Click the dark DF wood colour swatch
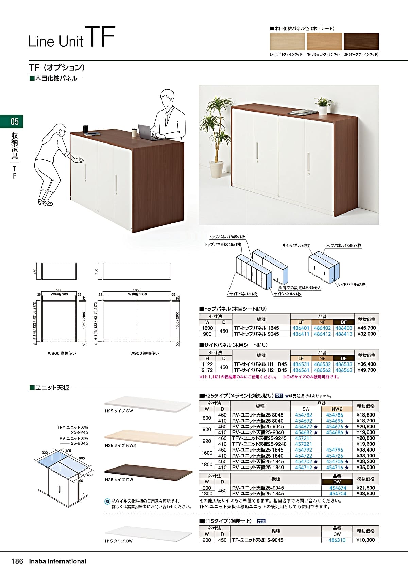pos(361,41)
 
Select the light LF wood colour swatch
pos(287,41)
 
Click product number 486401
pos(301,328)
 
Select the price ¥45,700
pos(367,328)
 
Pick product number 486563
pos(344,370)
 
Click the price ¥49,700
pos(367,370)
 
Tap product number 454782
pos(304,415)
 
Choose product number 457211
pos(304,438)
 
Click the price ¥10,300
pos(366,540)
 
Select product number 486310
pos(337,540)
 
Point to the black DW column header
pos(337,482)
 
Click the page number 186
pos(18,561)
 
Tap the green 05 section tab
pos(12,121)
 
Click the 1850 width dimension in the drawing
pos(137,290)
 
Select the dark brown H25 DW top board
pos(148,471)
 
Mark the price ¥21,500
pos(366,488)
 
